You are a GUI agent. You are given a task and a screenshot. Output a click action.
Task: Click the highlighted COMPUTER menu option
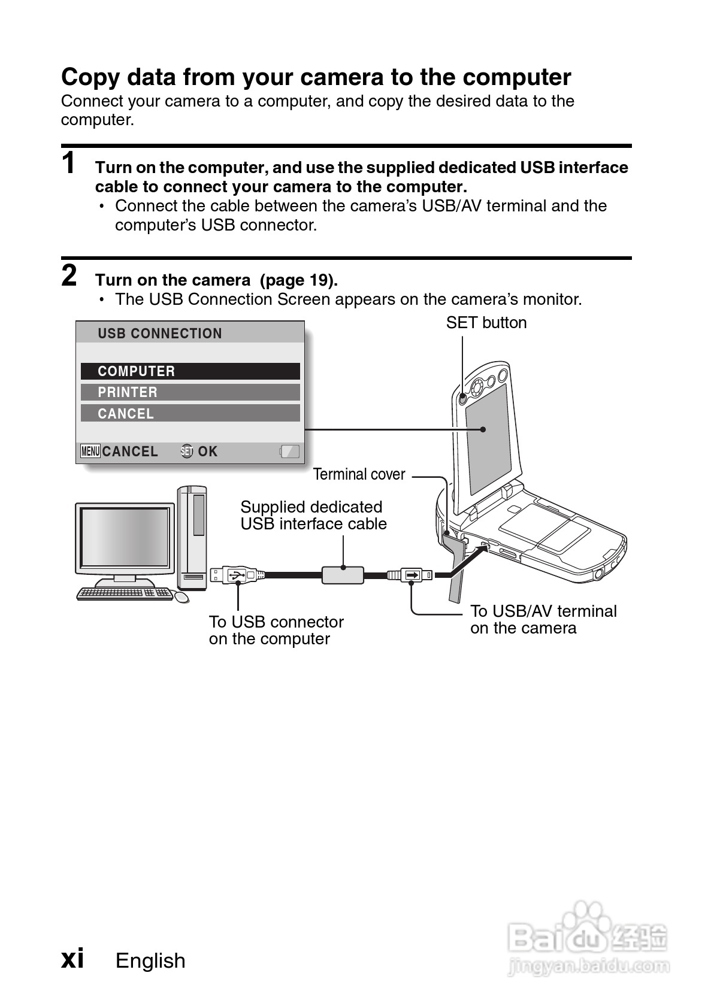(190, 371)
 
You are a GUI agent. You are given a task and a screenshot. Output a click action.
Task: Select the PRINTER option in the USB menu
(190, 392)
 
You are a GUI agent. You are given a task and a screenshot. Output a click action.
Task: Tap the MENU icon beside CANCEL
(90, 452)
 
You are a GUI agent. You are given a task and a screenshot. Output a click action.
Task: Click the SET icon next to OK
(187, 452)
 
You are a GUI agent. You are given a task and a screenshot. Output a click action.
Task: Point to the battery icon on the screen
(290, 452)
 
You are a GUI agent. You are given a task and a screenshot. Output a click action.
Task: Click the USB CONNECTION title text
(159, 334)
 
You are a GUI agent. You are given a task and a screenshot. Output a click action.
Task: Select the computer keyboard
(125, 593)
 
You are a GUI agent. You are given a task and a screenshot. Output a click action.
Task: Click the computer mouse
(181, 597)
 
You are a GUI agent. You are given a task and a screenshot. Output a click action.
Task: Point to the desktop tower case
(192, 537)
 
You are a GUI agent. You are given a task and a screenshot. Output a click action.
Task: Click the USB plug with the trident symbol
(234, 575)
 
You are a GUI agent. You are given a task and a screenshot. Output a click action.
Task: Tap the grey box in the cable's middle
(343, 575)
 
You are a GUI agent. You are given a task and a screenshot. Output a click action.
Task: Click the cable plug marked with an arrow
(412, 575)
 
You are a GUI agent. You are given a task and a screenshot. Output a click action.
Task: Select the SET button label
(486, 323)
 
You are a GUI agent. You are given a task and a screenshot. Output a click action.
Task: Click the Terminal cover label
(359, 474)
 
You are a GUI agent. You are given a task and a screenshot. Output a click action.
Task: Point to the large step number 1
(69, 163)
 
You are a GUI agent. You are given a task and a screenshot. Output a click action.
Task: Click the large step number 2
(69, 275)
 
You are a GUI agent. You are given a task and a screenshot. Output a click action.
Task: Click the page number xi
(72, 958)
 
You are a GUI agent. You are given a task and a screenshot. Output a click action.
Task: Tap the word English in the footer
(150, 960)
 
